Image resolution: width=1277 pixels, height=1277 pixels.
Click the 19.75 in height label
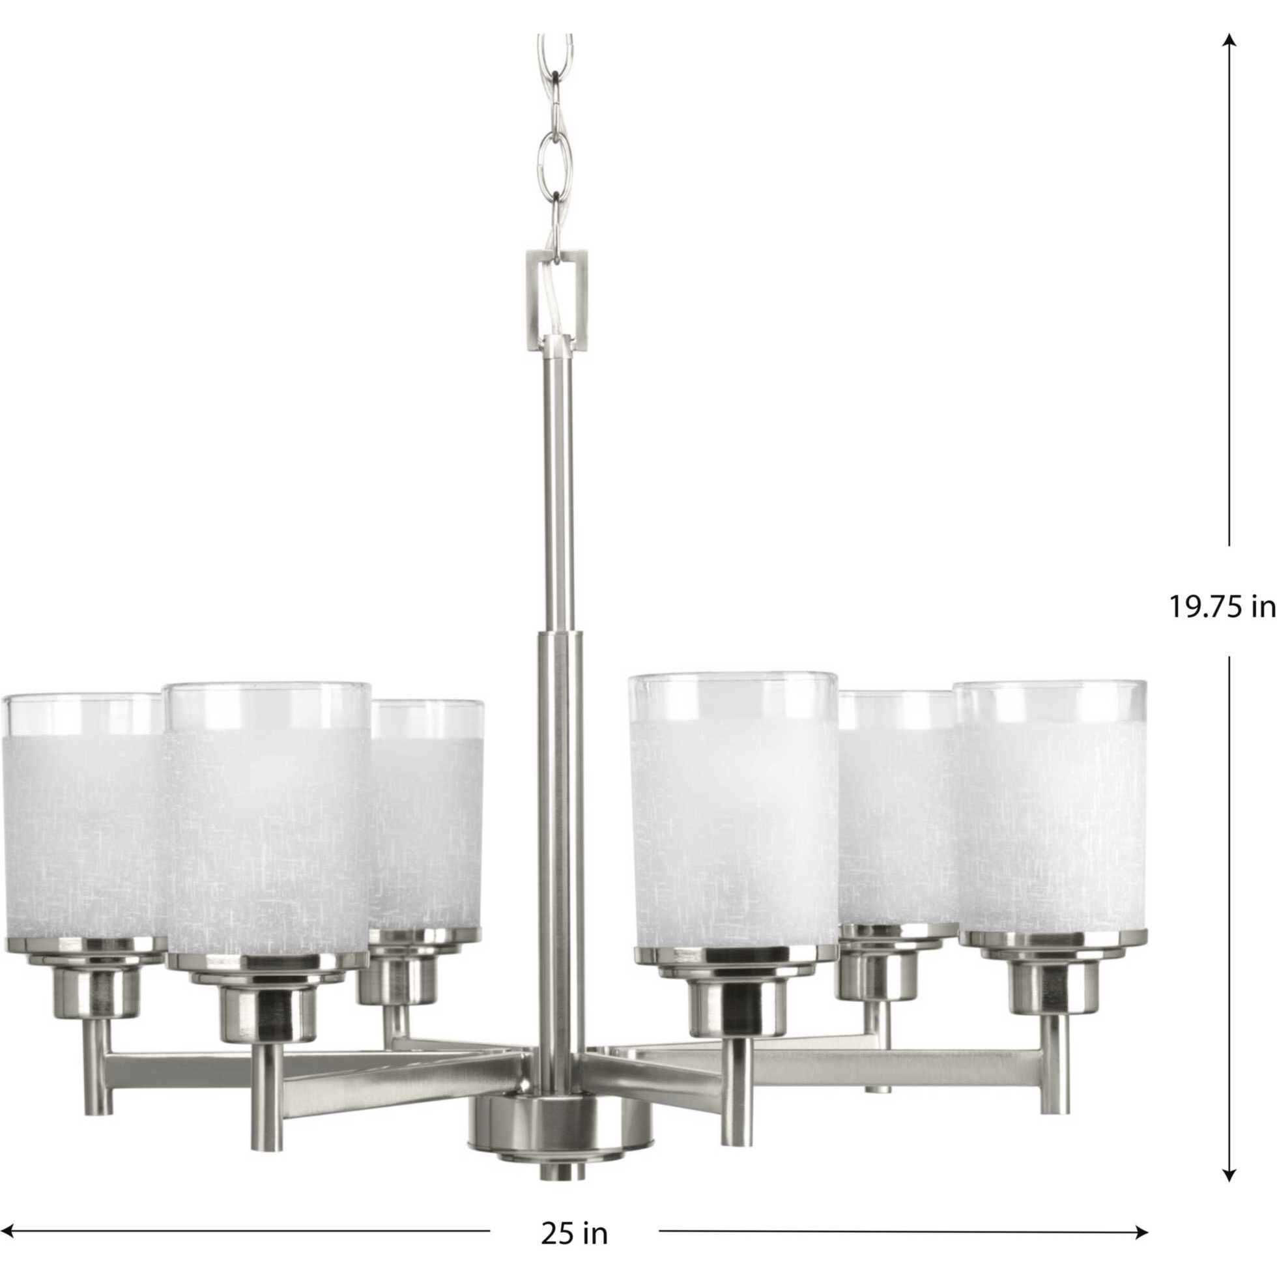[1222, 607]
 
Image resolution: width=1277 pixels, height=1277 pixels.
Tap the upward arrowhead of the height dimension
[1229, 41]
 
